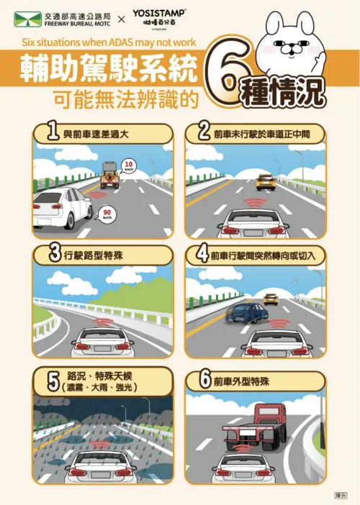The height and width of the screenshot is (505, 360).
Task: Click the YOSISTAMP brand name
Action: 159,12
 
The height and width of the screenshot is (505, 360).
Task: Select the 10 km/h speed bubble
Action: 127,165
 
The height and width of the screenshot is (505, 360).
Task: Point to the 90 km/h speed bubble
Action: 107,213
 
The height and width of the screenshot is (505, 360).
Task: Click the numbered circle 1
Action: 50,133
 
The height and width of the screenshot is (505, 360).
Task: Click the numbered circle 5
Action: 52,380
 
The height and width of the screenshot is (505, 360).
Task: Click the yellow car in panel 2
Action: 265,181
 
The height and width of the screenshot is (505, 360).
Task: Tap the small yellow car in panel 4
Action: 271,298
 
